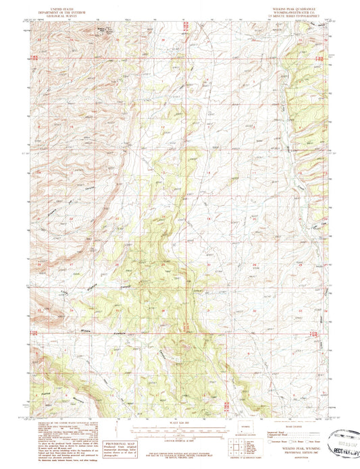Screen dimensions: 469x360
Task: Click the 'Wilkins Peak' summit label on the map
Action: (102, 30)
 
